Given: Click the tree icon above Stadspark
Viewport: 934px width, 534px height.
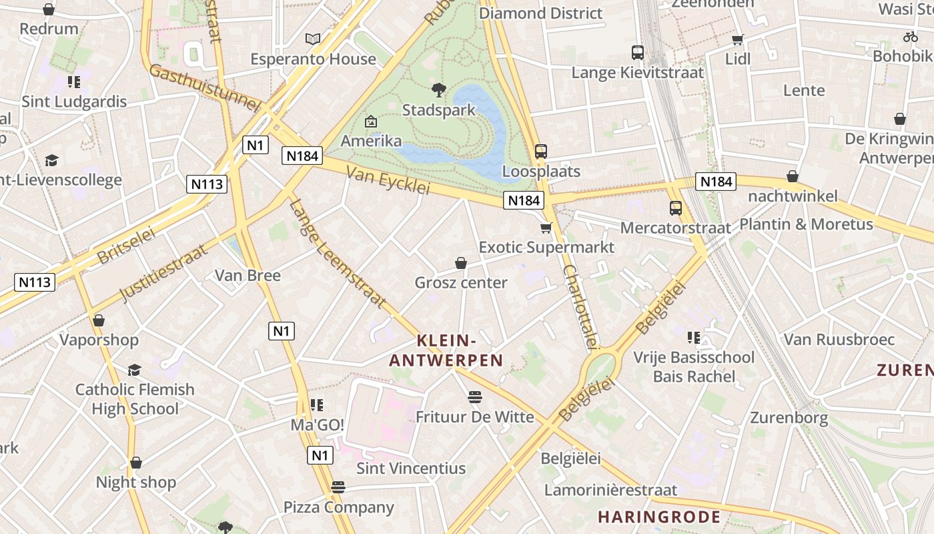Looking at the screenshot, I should pyautogui.click(x=439, y=90).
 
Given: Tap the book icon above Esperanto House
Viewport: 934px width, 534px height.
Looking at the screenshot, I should pyautogui.click(x=313, y=39).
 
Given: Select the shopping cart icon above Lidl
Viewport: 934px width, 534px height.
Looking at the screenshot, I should pyautogui.click(x=738, y=40).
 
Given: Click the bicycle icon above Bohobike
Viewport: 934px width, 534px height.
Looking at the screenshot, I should pyautogui.click(x=911, y=37).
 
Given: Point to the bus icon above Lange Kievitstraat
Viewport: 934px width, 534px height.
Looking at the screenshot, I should pyautogui.click(x=638, y=53).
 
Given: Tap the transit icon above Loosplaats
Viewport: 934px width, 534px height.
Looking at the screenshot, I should pyautogui.click(x=541, y=152).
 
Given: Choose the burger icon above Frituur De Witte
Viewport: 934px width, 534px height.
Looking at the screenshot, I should pyautogui.click(x=475, y=398).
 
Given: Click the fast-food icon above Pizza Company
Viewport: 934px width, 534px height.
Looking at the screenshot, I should pyautogui.click(x=338, y=487).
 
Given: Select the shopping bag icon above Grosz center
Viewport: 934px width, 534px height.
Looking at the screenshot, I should pyautogui.click(x=460, y=264).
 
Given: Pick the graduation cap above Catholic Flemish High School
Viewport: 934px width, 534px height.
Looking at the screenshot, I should pyautogui.click(x=135, y=370).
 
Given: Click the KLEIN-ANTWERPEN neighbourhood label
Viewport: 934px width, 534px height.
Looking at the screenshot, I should pyautogui.click(x=446, y=350).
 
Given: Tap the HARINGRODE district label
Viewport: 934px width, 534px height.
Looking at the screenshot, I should pyautogui.click(x=659, y=517).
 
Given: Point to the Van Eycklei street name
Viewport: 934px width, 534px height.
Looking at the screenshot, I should pyautogui.click(x=388, y=180).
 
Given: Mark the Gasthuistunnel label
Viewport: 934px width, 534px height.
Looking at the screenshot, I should pyautogui.click(x=203, y=87).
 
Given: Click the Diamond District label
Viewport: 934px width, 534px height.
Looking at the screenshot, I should pyautogui.click(x=540, y=13).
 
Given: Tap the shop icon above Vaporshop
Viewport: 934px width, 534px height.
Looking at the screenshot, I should pyautogui.click(x=99, y=320).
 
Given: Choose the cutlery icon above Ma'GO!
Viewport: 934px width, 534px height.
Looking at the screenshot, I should pyautogui.click(x=317, y=405).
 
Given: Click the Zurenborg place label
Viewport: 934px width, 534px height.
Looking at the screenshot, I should pyautogui.click(x=789, y=419).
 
